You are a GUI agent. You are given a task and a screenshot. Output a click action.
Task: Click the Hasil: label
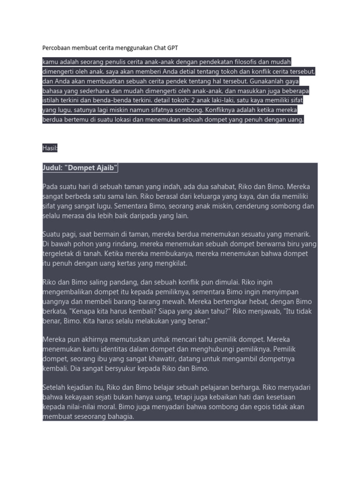pos(50,148)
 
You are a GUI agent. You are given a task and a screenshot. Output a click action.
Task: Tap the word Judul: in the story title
pos(52,168)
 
